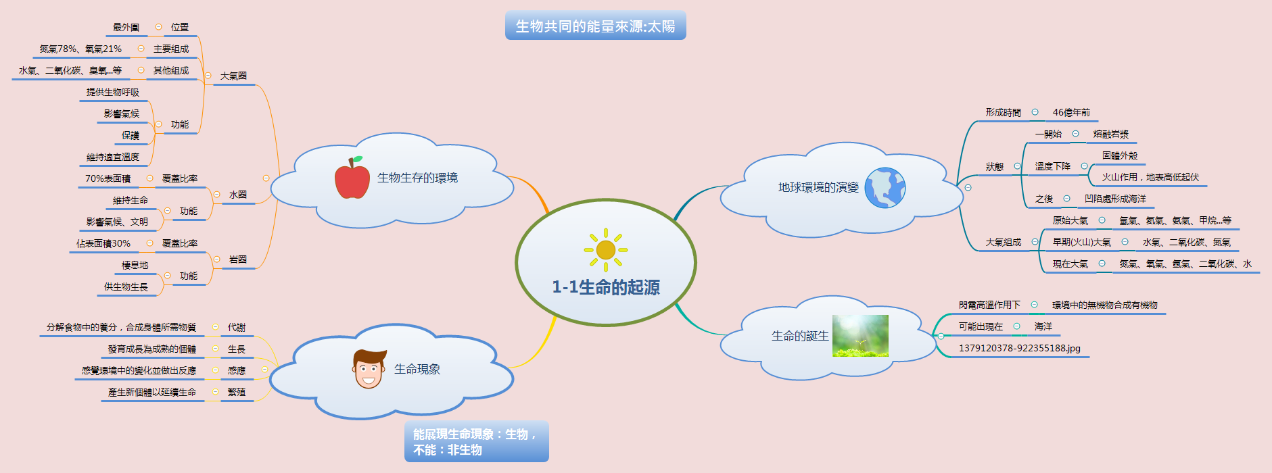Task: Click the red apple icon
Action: [352, 178]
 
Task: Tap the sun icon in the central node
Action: [606, 250]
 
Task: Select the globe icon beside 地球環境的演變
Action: [885, 188]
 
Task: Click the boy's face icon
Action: [369, 370]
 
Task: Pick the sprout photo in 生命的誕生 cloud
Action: [860, 336]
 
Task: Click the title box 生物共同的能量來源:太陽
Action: [595, 26]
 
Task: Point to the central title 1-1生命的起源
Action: [606, 287]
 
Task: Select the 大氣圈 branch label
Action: [233, 76]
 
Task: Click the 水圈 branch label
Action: [237, 195]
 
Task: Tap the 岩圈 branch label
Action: [237, 259]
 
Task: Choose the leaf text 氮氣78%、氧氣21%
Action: [80, 49]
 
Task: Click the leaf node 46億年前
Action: [1071, 112]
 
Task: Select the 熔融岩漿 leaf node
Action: [1111, 134]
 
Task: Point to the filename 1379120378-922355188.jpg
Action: [1019, 348]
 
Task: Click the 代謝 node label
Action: [237, 327]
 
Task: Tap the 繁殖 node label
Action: [237, 392]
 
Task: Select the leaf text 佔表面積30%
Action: [103, 243]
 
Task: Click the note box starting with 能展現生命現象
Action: [476, 442]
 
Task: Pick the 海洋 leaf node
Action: [1043, 326]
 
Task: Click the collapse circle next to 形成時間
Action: [1035, 112]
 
